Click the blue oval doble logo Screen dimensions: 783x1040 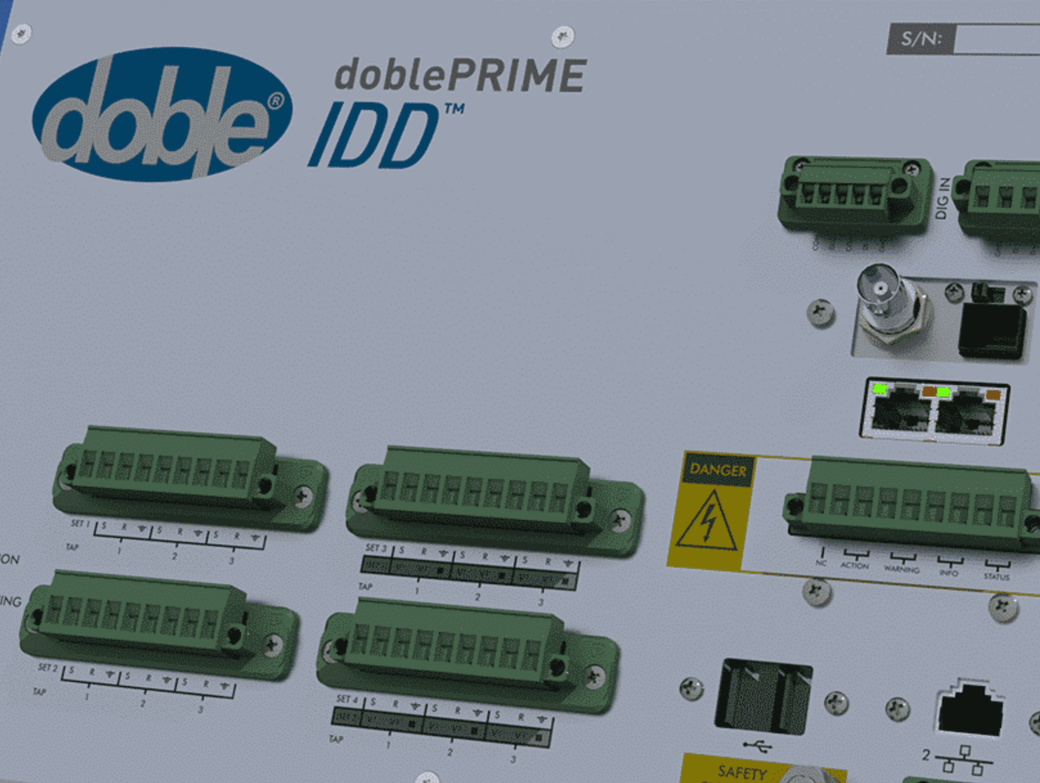coord(162,114)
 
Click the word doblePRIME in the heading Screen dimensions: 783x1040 coord(460,76)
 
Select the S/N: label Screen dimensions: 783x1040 coord(921,39)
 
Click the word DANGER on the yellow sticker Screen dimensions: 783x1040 coord(718,470)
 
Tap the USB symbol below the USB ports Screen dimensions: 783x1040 coord(758,746)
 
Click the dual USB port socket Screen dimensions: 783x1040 coord(763,696)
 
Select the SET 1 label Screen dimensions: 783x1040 coord(80,524)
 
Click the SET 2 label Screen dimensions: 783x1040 coord(48,668)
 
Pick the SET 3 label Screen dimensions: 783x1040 coord(376,548)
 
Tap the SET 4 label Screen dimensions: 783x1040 coord(347,699)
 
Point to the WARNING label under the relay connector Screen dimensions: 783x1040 coord(901,569)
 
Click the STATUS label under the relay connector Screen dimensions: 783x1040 coord(996,577)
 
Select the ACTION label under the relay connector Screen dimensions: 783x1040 coord(854,565)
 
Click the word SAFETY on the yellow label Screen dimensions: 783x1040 coord(742,771)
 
